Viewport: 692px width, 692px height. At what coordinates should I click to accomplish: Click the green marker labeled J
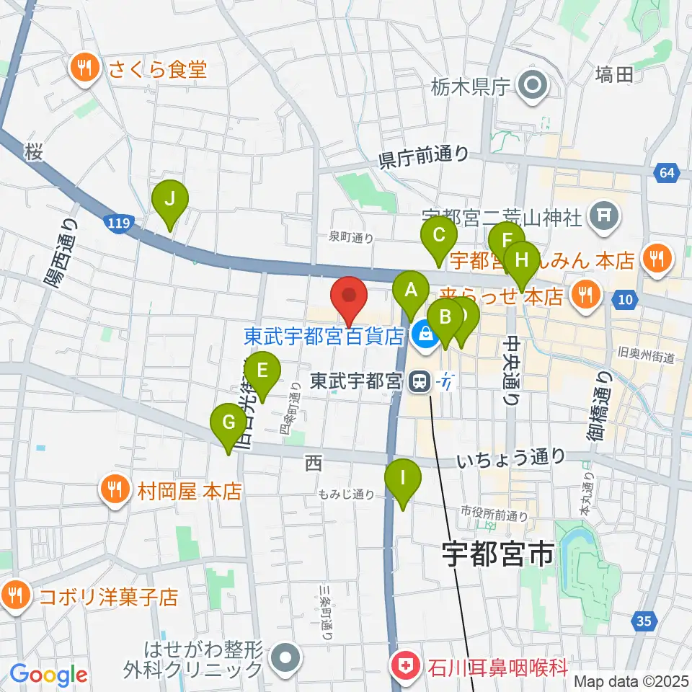coord(169,200)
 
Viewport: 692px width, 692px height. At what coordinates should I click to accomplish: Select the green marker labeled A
coord(411,291)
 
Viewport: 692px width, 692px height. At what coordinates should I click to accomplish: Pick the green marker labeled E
coord(262,372)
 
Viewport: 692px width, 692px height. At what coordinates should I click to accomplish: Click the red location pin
coord(350,296)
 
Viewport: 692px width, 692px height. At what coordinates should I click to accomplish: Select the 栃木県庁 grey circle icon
coord(534,87)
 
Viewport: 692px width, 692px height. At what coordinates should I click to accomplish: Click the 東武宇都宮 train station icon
coord(418,381)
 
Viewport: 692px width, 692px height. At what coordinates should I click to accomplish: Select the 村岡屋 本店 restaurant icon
coord(115,491)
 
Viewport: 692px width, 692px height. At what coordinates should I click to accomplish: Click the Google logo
coord(49,674)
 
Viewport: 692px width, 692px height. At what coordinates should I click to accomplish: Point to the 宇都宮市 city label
coord(497,554)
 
